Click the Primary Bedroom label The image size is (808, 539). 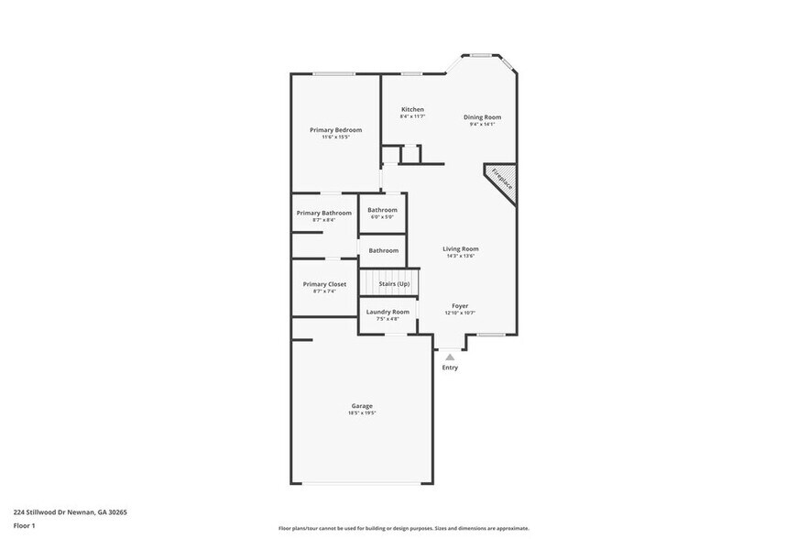point(335,130)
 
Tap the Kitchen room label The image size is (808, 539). point(412,109)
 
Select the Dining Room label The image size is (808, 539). point(482,116)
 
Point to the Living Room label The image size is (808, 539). point(460,248)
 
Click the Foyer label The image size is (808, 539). point(460,305)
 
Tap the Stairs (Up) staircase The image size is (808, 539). point(389,283)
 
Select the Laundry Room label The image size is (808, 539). point(388,312)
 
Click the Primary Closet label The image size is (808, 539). point(324,284)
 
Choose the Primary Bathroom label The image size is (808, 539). point(323,213)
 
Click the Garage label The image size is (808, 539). point(362,405)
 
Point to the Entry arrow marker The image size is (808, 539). point(449,356)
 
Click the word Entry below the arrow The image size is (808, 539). point(450,368)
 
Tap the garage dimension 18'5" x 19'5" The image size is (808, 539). point(362,413)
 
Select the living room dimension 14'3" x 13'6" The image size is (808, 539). point(460,256)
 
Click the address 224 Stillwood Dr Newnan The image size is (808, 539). point(70,512)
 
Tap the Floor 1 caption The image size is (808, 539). point(24,525)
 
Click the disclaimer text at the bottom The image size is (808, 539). point(403,528)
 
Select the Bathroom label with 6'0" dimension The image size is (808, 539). point(383,210)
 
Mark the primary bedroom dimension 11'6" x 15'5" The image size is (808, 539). point(335,137)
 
